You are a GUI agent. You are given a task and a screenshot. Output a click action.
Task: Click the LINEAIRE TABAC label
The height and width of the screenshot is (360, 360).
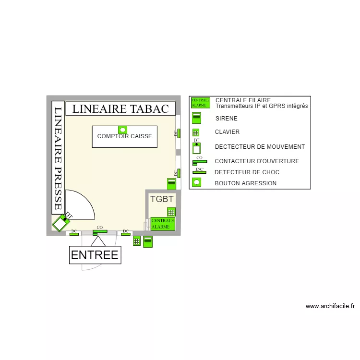click(120, 109)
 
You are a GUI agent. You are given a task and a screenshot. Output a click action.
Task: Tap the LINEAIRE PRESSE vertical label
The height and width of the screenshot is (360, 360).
click(58, 158)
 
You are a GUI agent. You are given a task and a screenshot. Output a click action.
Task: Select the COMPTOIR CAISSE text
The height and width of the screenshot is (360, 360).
click(124, 136)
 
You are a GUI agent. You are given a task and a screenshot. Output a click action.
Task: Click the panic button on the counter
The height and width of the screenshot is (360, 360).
click(123, 130)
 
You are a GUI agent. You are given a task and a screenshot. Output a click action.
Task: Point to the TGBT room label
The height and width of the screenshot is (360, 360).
click(162, 199)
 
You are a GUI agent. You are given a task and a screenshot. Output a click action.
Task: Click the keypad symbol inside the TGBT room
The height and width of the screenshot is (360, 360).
click(170, 212)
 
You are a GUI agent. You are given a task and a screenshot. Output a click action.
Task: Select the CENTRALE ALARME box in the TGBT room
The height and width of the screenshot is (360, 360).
click(163, 224)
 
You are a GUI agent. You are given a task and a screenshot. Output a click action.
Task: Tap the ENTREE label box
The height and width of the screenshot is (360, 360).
click(95, 255)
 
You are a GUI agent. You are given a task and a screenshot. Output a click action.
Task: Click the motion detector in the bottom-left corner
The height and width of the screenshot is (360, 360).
click(61, 223)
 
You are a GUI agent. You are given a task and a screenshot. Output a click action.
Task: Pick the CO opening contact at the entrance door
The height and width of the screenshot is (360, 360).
click(99, 232)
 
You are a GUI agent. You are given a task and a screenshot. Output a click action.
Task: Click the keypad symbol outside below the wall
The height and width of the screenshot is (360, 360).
click(137, 241)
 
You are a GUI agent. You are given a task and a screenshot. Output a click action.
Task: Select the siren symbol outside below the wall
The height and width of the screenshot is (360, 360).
click(148, 241)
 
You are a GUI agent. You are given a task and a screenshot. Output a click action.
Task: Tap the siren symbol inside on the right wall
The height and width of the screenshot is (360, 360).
click(171, 183)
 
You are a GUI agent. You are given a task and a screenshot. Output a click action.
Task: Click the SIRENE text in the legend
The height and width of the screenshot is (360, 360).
click(226, 118)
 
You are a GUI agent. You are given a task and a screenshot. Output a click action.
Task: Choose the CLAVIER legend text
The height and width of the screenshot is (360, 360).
click(227, 132)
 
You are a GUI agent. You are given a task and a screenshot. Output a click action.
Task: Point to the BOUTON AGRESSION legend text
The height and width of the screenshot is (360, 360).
click(245, 183)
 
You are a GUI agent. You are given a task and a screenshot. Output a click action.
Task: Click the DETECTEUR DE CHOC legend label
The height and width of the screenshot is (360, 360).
click(247, 172)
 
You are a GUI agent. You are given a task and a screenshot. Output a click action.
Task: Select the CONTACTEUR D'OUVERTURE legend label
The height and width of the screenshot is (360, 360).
click(257, 161)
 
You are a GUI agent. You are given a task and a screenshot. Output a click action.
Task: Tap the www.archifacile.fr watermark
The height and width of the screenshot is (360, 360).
click(330, 306)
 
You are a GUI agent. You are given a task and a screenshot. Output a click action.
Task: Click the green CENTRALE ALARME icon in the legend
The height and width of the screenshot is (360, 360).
click(201, 103)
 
